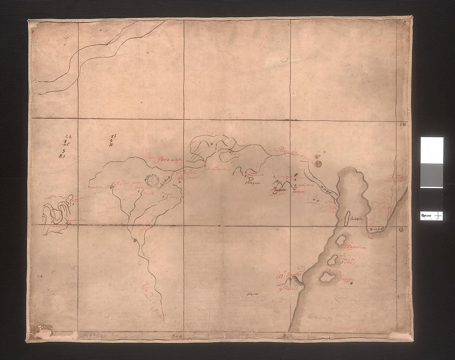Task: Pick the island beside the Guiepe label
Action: point(327,276)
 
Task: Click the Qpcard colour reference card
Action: point(432,178)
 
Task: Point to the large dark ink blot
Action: point(318,164)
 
